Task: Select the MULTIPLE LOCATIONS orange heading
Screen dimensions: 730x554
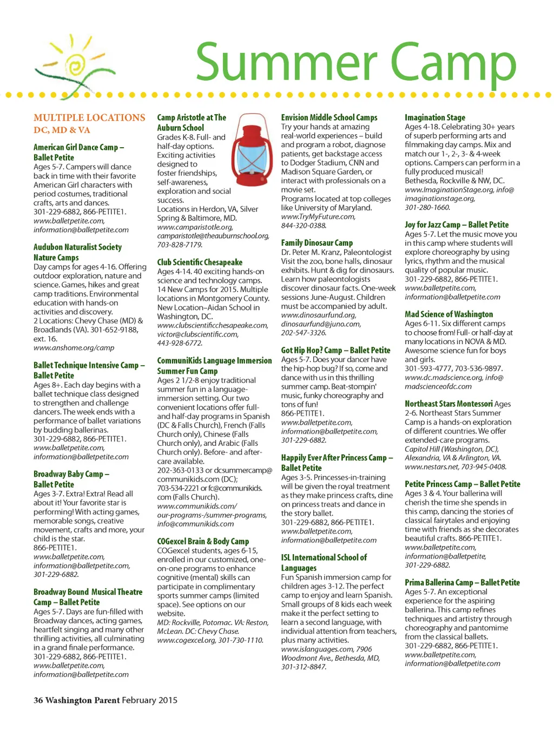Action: (89, 118)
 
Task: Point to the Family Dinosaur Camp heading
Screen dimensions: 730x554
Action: (316, 243)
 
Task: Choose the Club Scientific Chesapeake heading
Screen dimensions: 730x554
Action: (200, 262)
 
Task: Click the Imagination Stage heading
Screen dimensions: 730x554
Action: (434, 117)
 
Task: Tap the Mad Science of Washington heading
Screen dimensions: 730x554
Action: (449, 314)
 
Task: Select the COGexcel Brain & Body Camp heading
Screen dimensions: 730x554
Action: (203, 542)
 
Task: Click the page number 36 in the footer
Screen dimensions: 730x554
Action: (38, 700)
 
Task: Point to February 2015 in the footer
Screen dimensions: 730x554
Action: (149, 700)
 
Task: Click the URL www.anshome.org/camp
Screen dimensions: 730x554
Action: (74, 348)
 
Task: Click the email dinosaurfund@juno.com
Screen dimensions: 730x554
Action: (321, 324)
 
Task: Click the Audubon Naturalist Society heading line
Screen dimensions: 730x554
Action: (77, 247)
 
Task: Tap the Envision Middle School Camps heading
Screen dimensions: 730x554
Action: (329, 117)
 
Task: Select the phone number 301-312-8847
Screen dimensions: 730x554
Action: (304, 667)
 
